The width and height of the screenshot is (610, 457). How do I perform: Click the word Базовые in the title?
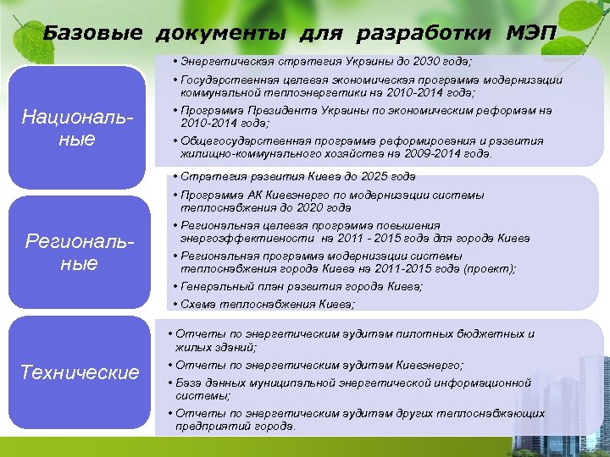(94, 33)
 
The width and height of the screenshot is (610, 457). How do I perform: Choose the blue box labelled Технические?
(79, 372)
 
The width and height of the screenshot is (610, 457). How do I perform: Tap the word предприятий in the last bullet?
(213, 426)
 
